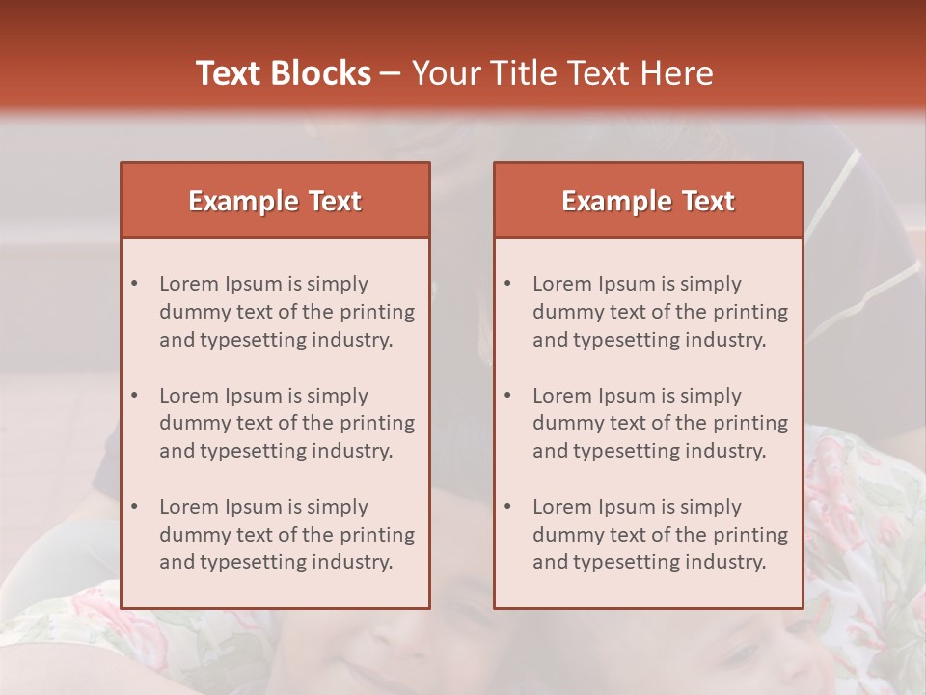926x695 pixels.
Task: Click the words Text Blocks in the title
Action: point(284,73)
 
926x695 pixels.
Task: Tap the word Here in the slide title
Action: point(677,73)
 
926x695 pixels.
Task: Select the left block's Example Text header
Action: point(275,201)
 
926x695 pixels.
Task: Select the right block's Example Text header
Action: point(648,201)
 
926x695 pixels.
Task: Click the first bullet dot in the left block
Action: point(134,284)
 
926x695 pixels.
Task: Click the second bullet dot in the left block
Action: point(134,396)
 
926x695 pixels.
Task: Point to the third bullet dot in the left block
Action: point(134,507)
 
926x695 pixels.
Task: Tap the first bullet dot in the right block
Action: point(507,284)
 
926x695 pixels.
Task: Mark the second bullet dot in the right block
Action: point(507,396)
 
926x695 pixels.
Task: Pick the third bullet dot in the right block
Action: point(507,507)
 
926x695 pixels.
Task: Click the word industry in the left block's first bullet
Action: point(355,340)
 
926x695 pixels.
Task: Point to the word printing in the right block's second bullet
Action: point(750,423)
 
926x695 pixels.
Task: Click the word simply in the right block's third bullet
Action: point(710,507)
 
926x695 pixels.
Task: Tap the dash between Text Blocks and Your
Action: point(391,73)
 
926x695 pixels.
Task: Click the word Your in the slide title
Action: point(442,73)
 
